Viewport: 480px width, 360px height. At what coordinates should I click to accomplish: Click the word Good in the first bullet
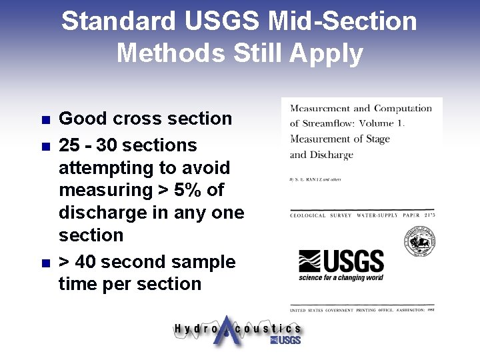pyautogui.click(x=83, y=119)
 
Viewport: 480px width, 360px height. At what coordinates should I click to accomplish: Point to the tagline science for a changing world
pyautogui.click(x=341, y=277)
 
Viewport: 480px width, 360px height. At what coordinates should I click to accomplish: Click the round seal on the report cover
pyautogui.click(x=420, y=241)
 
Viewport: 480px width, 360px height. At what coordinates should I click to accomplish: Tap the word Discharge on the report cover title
pyautogui.click(x=332, y=155)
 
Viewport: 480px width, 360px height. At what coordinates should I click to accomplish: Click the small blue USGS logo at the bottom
pyautogui.click(x=286, y=341)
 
